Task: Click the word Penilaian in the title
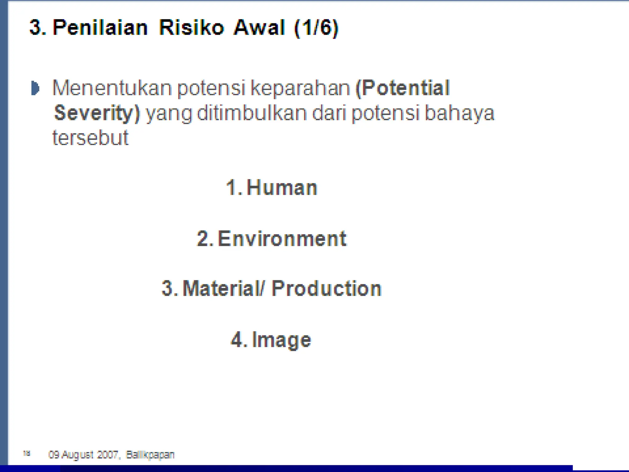pyautogui.click(x=100, y=28)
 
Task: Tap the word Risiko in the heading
pyautogui.click(x=191, y=28)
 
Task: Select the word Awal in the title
pyautogui.click(x=259, y=28)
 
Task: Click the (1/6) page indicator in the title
pyautogui.click(x=316, y=28)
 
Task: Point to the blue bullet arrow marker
pyautogui.click(x=35, y=88)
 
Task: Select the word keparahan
pyautogui.click(x=300, y=88)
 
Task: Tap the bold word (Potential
pyautogui.click(x=402, y=88)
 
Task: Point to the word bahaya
pyautogui.click(x=459, y=113)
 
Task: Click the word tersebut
pyautogui.click(x=90, y=137)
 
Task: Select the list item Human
pyautogui.click(x=281, y=187)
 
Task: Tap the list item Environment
pyautogui.click(x=282, y=238)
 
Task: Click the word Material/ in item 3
pyautogui.click(x=223, y=289)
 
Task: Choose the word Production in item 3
pyautogui.click(x=326, y=289)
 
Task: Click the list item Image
pyautogui.click(x=281, y=340)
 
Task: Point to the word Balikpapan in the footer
pyautogui.click(x=150, y=454)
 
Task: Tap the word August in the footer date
pyautogui.click(x=77, y=454)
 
